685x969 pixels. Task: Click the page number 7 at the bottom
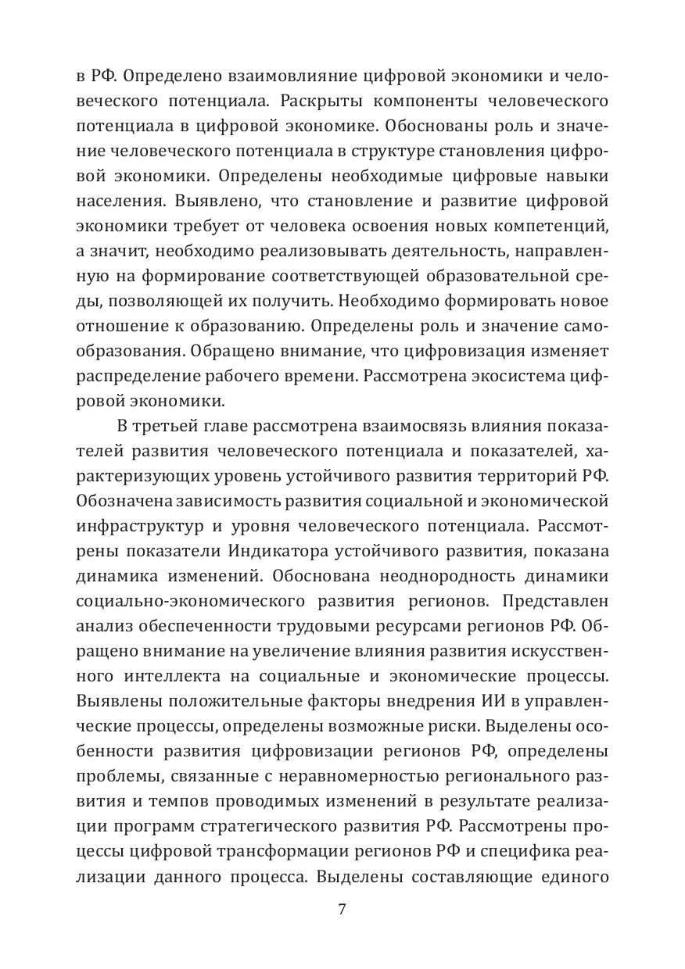tap(342, 909)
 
